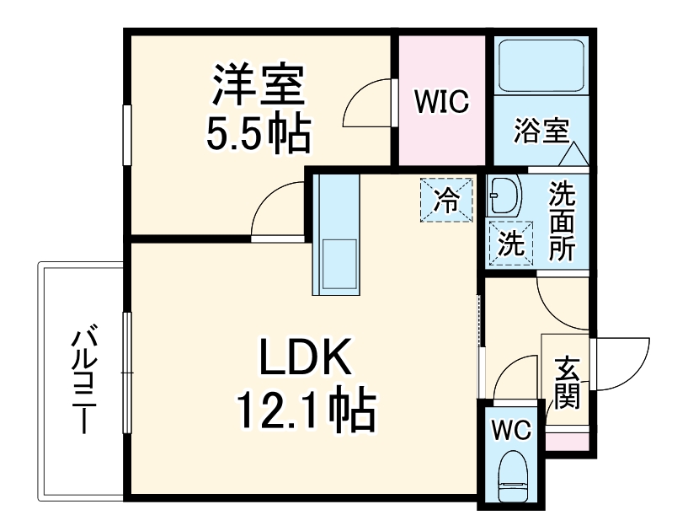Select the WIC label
click(441, 102)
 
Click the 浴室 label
click(541, 131)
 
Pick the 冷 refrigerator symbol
click(446, 200)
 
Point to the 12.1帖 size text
click(305, 410)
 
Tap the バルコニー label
click(83, 380)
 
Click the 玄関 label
click(567, 383)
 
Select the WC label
click(511, 431)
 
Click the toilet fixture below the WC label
click(511, 476)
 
